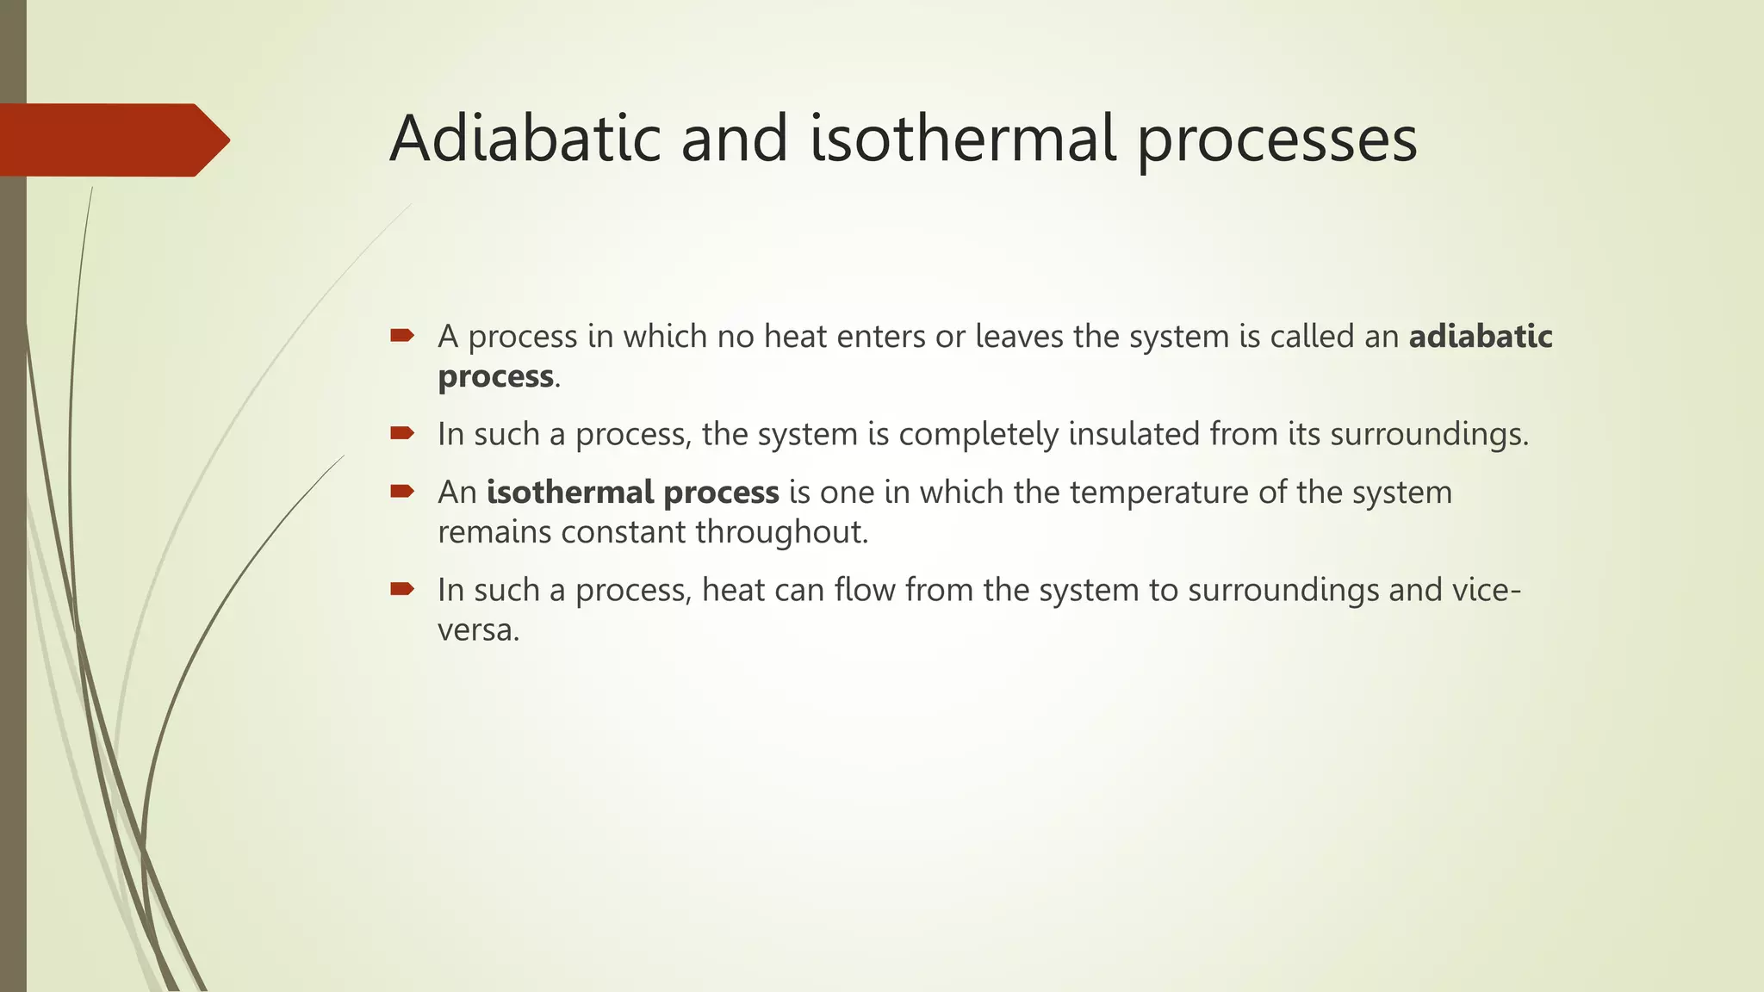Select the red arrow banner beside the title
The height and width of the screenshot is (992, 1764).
click(112, 139)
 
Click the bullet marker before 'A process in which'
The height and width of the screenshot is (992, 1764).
click(402, 335)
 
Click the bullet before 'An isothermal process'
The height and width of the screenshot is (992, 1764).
click(402, 492)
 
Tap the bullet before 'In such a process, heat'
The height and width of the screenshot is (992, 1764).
click(402, 589)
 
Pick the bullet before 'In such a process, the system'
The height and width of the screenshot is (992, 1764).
click(402, 433)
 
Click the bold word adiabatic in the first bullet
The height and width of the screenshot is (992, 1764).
click(1480, 336)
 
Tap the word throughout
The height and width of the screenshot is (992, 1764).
click(780, 533)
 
